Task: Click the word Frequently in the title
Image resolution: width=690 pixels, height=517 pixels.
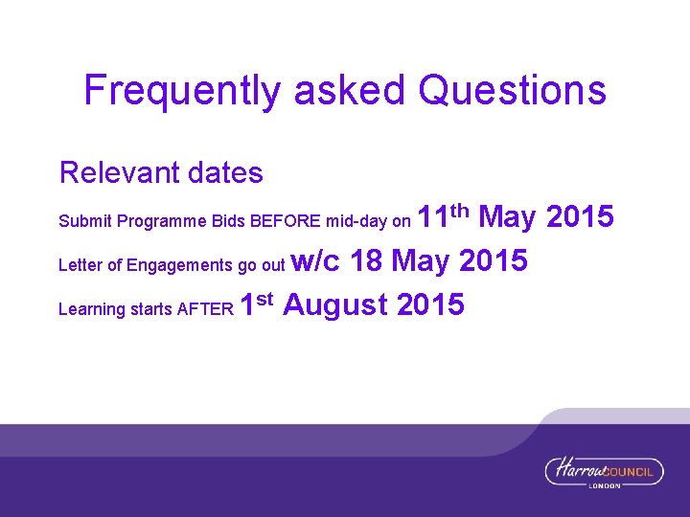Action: (183, 91)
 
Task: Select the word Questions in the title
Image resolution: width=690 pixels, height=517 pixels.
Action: (513, 91)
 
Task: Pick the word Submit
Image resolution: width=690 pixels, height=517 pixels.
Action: (85, 222)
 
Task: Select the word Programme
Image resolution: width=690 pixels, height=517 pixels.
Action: (161, 222)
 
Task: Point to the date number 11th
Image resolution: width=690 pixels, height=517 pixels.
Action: (445, 217)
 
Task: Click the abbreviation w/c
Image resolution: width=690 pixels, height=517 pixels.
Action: (315, 261)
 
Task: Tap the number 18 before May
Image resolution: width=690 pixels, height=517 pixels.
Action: (368, 261)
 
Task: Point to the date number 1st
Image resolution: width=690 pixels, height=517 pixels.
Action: (257, 305)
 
